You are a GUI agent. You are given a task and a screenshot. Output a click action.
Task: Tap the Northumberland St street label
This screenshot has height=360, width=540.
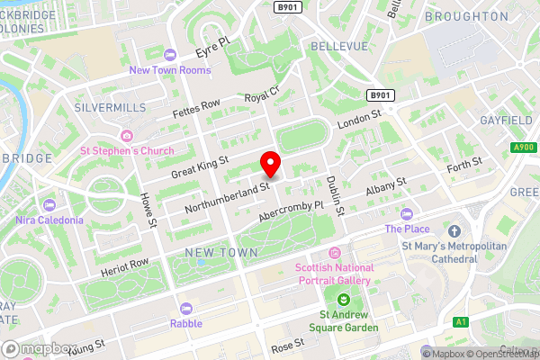coord(228,199)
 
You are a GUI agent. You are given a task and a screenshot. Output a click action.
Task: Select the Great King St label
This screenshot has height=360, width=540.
coord(200,166)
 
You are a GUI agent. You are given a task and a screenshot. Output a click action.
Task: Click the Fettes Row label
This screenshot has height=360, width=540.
coord(196,108)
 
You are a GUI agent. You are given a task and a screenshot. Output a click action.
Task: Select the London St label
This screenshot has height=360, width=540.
coord(360,121)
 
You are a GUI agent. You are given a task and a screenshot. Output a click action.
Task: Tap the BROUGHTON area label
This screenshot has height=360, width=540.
coord(466,16)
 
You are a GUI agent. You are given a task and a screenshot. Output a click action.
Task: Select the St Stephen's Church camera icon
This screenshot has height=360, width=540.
coord(126,136)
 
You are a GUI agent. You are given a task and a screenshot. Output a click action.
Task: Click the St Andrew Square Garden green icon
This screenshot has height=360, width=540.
coord(342,300)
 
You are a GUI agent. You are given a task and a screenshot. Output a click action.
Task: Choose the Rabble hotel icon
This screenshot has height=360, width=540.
coord(186,309)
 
